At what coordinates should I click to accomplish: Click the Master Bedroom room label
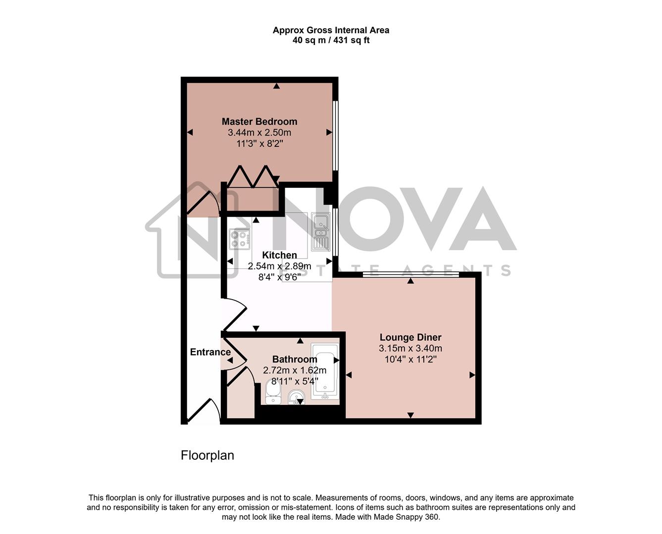point(259,122)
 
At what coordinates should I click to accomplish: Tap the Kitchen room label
point(279,255)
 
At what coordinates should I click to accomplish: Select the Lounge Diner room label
point(410,338)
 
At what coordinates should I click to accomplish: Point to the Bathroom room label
point(295,359)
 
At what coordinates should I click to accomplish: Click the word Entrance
point(210,352)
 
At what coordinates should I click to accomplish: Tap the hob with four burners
point(240,239)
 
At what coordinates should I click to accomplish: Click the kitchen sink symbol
point(321,232)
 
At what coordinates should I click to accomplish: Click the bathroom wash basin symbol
point(297,397)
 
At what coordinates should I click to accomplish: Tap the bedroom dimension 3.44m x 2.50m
point(259,133)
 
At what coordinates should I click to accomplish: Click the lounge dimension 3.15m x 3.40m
point(410,349)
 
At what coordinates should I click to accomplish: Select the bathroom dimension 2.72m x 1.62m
point(295,370)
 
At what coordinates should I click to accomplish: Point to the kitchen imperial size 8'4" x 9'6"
point(279,277)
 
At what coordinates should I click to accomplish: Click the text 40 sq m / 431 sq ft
point(331,41)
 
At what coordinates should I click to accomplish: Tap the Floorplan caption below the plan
point(207,455)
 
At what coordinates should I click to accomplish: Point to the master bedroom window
point(335,135)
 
